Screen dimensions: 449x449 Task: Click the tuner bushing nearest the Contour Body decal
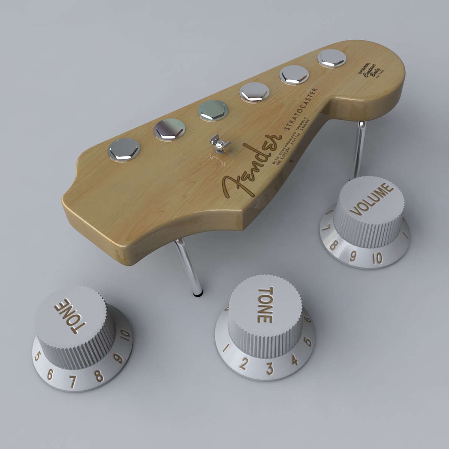click(x=332, y=58)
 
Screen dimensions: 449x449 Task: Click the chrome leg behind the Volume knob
click(x=358, y=150)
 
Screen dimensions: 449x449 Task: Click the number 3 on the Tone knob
click(x=269, y=368)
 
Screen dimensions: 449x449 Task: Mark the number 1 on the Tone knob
click(x=226, y=348)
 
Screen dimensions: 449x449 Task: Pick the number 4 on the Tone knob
click(x=294, y=360)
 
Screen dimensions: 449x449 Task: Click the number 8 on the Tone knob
click(x=99, y=376)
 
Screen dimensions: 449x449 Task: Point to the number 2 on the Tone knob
click(x=244, y=363)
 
